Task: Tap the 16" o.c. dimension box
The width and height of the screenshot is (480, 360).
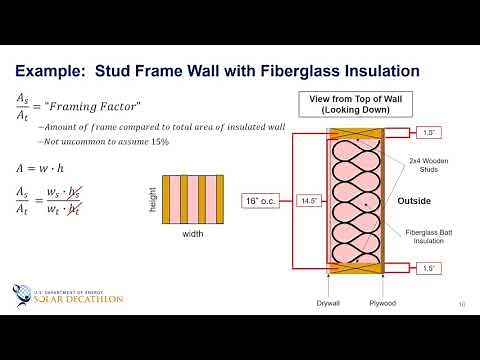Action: pyautogui.click(x=261, y=201)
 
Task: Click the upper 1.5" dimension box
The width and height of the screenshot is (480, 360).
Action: pyautogui.click(x=428, y=132)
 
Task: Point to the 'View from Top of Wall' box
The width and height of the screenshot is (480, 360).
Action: pyautogui.click(x=356, y=104)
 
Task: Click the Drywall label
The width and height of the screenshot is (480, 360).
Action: pyautogui.click(x=329, y=302)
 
